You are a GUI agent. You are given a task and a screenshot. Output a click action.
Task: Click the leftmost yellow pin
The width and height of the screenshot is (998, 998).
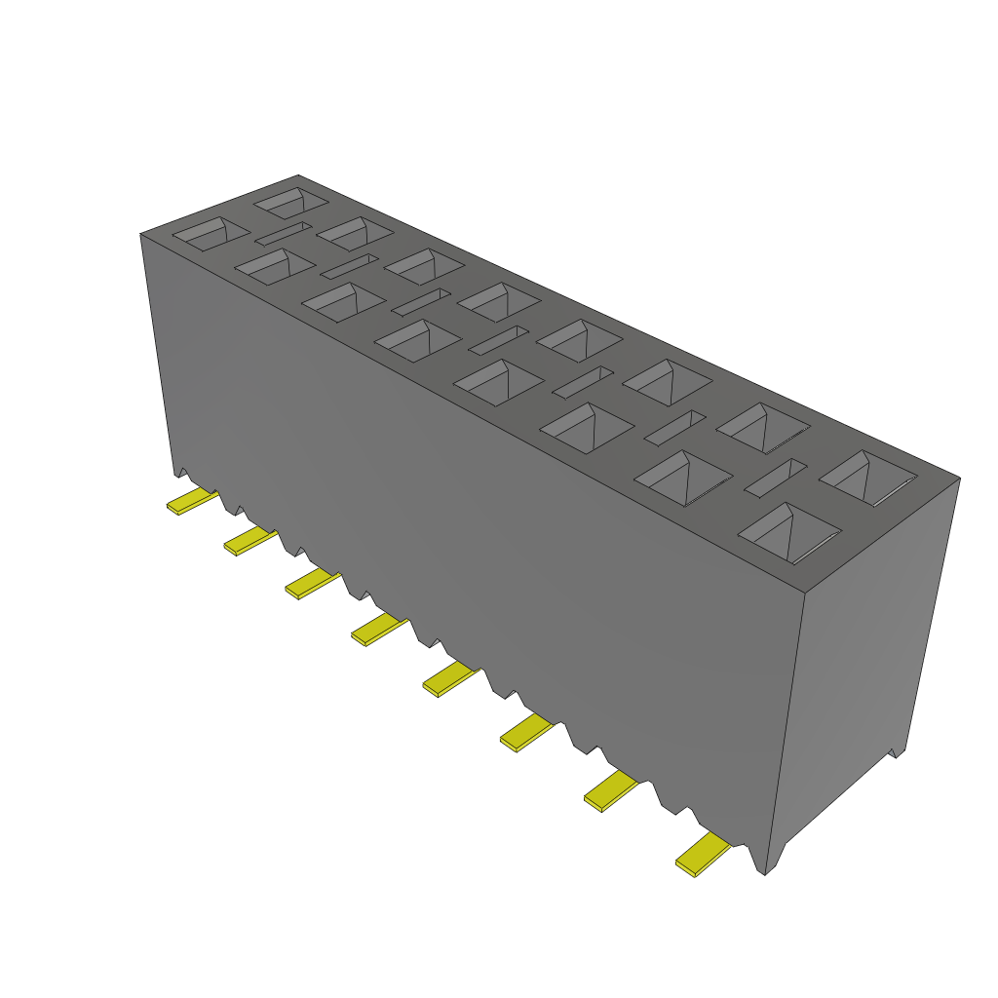(191, 502)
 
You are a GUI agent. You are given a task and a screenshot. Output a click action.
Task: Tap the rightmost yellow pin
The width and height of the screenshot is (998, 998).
(703, 855)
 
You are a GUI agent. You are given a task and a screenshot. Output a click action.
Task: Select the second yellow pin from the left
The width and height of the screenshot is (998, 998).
(249, 540)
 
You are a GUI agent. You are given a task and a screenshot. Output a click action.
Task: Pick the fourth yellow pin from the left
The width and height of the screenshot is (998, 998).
(378, 629)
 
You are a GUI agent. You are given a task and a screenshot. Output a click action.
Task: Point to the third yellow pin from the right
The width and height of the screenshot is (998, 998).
(526, 730)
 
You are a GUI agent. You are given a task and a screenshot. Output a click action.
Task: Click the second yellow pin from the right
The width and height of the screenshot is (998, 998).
(611, 789)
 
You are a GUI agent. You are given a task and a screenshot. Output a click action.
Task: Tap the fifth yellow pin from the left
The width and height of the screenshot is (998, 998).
(450, 677)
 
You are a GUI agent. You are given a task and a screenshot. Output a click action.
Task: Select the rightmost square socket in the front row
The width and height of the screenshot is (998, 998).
(790, 534)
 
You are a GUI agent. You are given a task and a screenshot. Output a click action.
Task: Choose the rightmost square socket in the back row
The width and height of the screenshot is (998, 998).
(868, 478)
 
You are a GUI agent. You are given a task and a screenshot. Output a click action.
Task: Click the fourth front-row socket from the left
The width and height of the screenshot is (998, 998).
(417, 340)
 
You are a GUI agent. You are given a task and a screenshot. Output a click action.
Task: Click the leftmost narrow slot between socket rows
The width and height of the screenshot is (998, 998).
(284, 233)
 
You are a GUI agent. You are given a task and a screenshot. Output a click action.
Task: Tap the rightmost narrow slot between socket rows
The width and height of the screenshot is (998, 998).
(776, 478)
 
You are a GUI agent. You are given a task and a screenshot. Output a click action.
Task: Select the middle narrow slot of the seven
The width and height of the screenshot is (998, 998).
(498, 339)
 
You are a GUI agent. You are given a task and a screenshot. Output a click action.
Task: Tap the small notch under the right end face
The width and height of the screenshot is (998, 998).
(898, 752)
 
